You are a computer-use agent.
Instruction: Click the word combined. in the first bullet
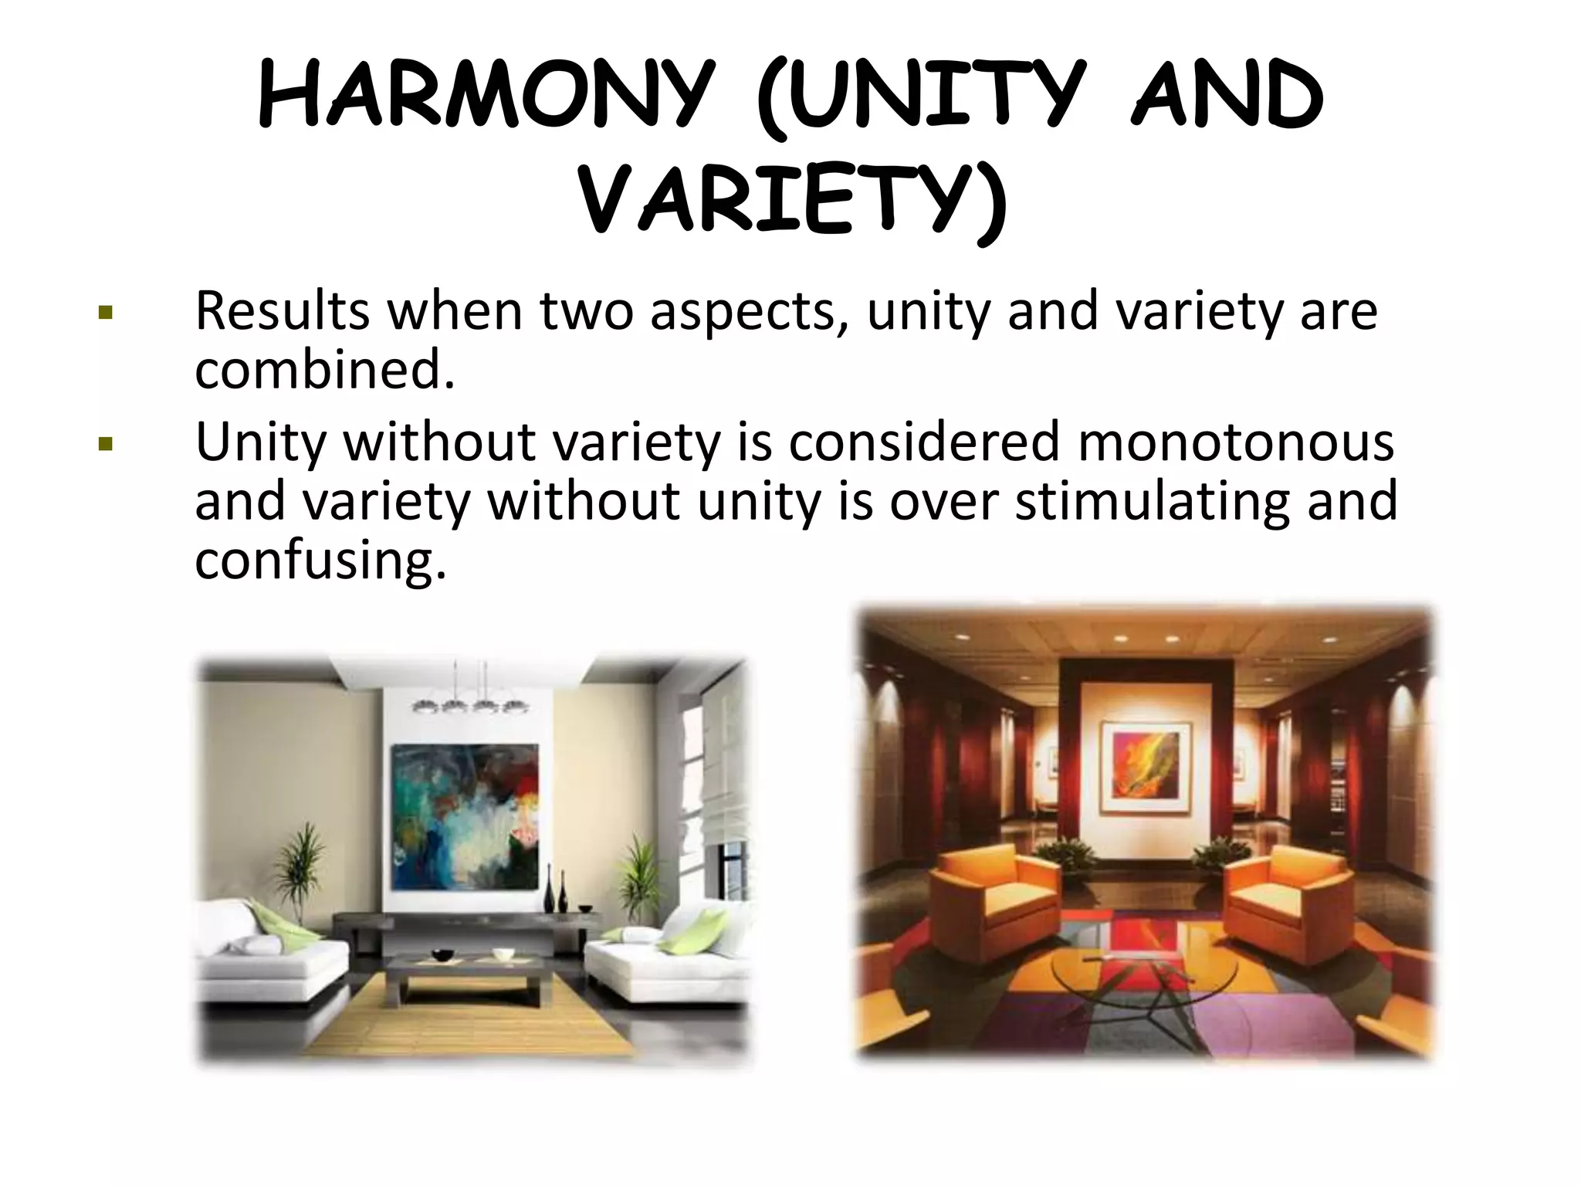click(x=325, y=370)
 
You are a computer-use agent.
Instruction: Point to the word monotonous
click(x=1235, y=442)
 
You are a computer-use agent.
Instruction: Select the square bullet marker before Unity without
click(x=106, y=445)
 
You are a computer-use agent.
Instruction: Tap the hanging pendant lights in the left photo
click(x=470, y=703)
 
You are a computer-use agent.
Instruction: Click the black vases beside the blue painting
click(x=557, y=896)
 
